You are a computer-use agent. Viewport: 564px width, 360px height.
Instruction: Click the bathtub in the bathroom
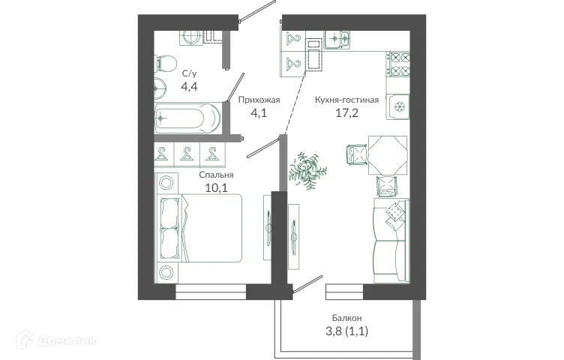[x=187, y=118]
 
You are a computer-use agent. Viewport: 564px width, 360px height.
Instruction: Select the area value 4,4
[x=190, y=87]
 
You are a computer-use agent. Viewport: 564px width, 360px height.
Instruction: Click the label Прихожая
[x=259, y=100]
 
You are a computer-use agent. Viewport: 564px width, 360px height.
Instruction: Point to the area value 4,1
[x=259, y=115]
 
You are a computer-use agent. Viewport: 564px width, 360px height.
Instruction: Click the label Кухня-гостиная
[x=346, y=100]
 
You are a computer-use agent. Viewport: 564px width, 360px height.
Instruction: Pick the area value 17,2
[x=346, y=115]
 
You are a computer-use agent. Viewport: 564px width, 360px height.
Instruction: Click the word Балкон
[x=347, y=319]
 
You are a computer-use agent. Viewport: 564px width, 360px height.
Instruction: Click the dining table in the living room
[x=388, y=154]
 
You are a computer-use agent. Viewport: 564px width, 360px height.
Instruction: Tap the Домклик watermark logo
[x=64, y=343]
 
